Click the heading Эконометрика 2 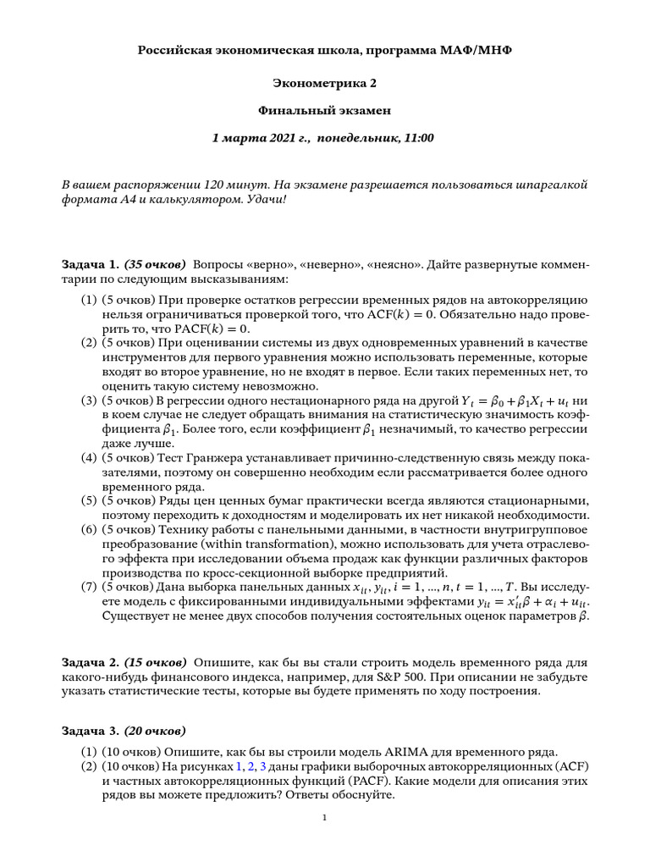click(324, 82)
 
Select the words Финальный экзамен click(324, 110)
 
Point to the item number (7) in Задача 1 click(89, 587)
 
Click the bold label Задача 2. click(90, 661)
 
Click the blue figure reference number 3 click(262, 766)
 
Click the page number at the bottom click(325, 818)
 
